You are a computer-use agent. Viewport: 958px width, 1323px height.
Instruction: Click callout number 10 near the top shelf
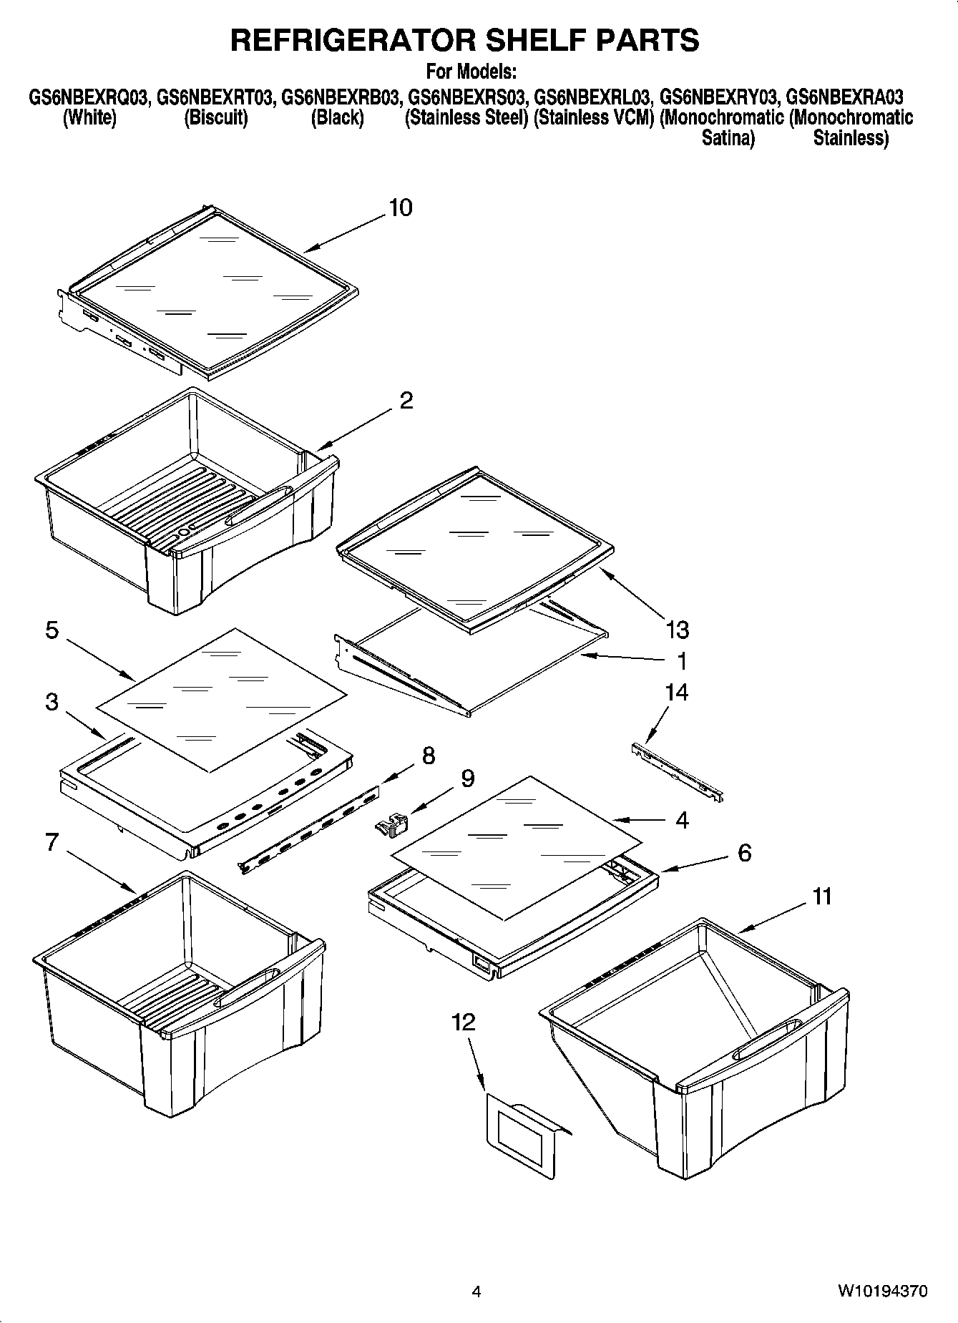(400, 208)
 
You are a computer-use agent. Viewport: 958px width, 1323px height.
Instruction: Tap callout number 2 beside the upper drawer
(406, 401)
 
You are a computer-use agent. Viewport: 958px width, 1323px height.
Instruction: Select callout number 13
(677, 630)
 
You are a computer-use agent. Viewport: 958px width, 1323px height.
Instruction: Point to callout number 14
(676, 692)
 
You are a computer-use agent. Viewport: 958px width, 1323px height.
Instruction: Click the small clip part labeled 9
(391, 826)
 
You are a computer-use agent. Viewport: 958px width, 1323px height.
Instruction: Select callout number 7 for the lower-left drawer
(52, 842)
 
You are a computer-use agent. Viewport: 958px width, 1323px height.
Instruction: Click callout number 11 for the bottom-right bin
(822, 896)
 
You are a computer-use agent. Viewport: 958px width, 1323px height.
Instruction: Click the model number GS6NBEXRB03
(339, 97)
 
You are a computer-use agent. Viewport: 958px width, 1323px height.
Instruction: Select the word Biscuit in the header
(216, 117)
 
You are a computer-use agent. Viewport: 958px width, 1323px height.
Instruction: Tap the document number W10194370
(883, 1292)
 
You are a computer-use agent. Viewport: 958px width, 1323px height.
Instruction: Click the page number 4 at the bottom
(476, 1292)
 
